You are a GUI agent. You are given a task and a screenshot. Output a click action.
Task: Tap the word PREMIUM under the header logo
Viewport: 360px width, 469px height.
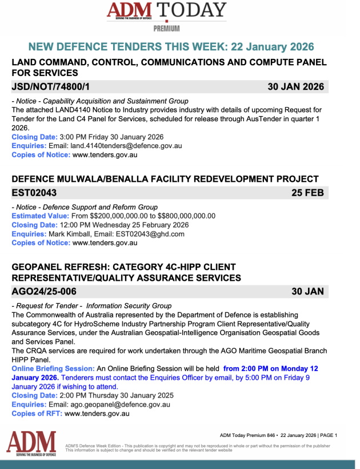coord(166,29)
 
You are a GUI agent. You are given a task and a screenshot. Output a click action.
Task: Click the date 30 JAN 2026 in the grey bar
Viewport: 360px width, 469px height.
coord(296,87)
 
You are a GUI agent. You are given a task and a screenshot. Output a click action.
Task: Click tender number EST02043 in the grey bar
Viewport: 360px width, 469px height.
coord(34,193)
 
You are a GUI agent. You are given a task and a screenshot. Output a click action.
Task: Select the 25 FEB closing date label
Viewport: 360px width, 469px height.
coord(307,193)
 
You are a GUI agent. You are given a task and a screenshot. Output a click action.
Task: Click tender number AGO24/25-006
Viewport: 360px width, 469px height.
coord(44,291)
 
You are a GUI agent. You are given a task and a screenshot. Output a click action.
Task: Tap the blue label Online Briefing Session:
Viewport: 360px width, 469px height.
coord(53,369)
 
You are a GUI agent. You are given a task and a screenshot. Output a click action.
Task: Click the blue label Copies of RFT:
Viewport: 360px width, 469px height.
coord(37,414)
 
